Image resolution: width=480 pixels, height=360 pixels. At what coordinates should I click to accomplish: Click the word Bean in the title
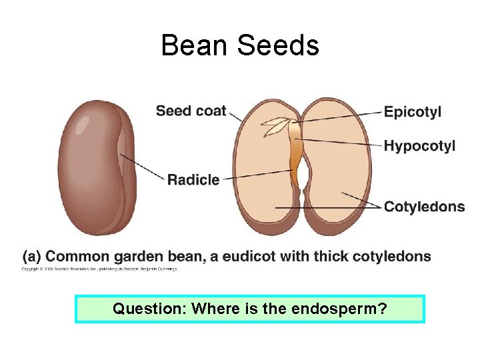pos(194,46)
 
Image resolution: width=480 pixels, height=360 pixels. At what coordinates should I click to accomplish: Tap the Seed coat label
pos(191,111)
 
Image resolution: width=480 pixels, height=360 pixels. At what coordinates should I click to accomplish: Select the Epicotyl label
pos(412,112)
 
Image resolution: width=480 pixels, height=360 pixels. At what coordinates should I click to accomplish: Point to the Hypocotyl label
pos(419,145)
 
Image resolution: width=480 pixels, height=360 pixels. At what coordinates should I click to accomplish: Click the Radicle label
pos(193,179)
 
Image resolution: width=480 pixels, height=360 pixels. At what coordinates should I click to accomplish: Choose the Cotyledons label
pos(424,207)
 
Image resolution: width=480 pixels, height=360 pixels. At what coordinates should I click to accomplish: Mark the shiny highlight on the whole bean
pos(82,125)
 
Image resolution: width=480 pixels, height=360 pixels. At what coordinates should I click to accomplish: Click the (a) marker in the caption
pos(32,257)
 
